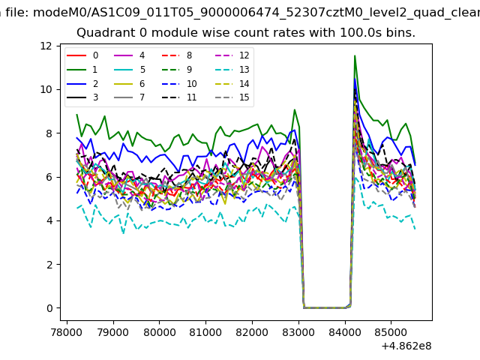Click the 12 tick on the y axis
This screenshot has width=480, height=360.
[x=46, y=46]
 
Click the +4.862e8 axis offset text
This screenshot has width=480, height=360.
[x=402, y=346]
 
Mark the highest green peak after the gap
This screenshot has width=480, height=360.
[x=355, y=56]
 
